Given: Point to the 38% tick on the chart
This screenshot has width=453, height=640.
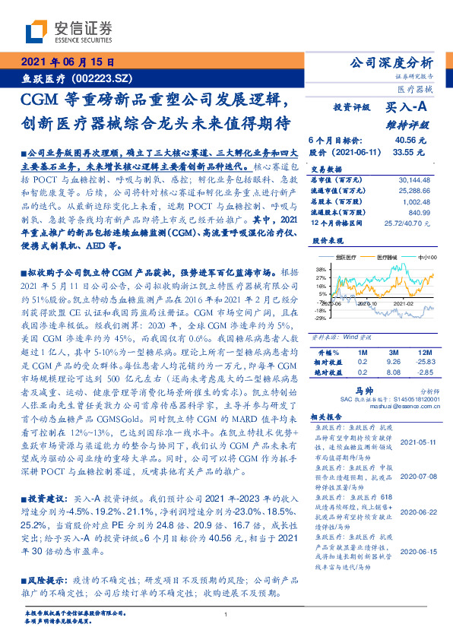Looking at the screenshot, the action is (321, 268).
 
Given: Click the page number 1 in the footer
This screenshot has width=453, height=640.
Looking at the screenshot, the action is (226, 615).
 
